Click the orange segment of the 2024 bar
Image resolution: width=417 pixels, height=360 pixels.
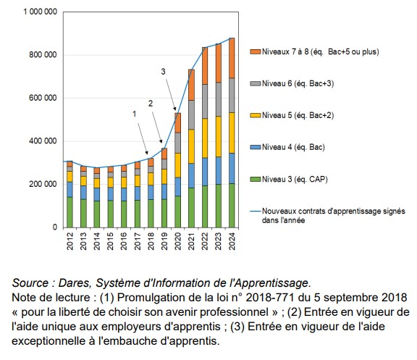click(231, 58)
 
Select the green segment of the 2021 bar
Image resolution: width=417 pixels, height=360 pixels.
click(191, 207)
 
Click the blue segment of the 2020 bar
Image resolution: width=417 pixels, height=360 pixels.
click(178, 186)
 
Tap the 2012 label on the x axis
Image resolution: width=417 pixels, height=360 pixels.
click(70, 241)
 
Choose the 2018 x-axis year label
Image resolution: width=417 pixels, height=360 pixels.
click(151, 241)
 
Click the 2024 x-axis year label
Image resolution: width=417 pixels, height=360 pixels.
click(232, 241)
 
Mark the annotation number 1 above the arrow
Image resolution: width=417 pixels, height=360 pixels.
click(134, 114)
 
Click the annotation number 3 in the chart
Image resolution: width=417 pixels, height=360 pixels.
click(163, 71)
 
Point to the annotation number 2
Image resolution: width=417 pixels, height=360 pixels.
click(151, 104)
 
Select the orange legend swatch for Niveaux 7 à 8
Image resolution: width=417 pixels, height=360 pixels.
click(254, 52)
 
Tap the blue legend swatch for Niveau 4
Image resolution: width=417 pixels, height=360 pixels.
click(254, 147)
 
